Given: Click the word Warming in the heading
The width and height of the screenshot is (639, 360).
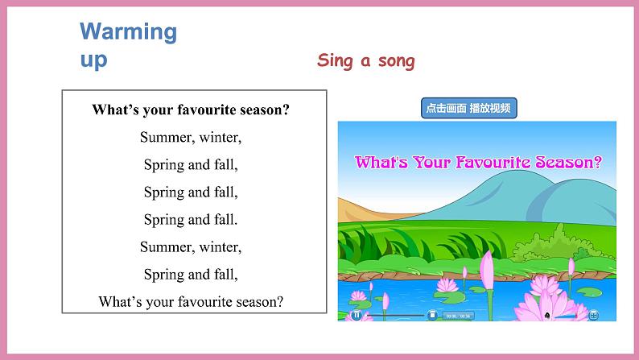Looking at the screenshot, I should [x=128, y=32].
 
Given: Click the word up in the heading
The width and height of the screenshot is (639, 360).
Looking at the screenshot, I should [x=93, y=60].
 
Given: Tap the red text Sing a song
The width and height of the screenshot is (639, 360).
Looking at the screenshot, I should [x=366, y=60].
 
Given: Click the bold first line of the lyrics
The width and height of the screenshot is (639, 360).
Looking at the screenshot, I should [x=191, y=110].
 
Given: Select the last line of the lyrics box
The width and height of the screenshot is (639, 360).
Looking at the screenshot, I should [x=191, y=302].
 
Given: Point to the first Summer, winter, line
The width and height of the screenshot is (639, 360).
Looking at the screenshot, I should [x=191, y=138].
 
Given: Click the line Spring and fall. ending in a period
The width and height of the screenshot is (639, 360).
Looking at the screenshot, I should [x=191, y=219].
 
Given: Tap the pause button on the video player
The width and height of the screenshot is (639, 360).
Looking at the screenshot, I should [x=356, y=315].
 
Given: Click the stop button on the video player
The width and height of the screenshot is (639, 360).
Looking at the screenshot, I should [x=432, y=315].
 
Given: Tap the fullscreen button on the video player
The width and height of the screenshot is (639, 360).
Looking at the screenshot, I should [x=593, y=315].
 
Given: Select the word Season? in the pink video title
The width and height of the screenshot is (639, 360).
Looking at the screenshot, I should [x=573, y=161].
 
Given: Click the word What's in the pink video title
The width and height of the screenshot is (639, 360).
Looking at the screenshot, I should [x=379, y=161].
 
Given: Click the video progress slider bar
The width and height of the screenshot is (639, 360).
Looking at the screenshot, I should [x=394, y=315].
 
